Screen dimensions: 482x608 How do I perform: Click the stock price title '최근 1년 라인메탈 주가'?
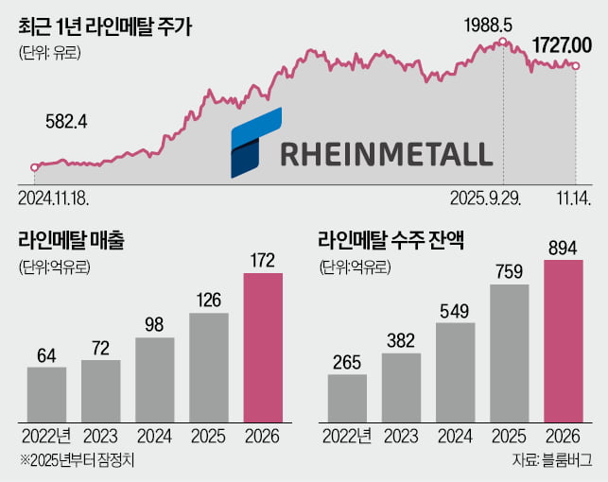105,26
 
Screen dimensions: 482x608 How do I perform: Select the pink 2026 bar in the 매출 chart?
264,346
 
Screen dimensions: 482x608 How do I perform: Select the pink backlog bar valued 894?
564,338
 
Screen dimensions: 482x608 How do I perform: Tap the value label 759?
510,270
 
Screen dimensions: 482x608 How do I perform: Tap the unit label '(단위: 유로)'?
50,53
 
